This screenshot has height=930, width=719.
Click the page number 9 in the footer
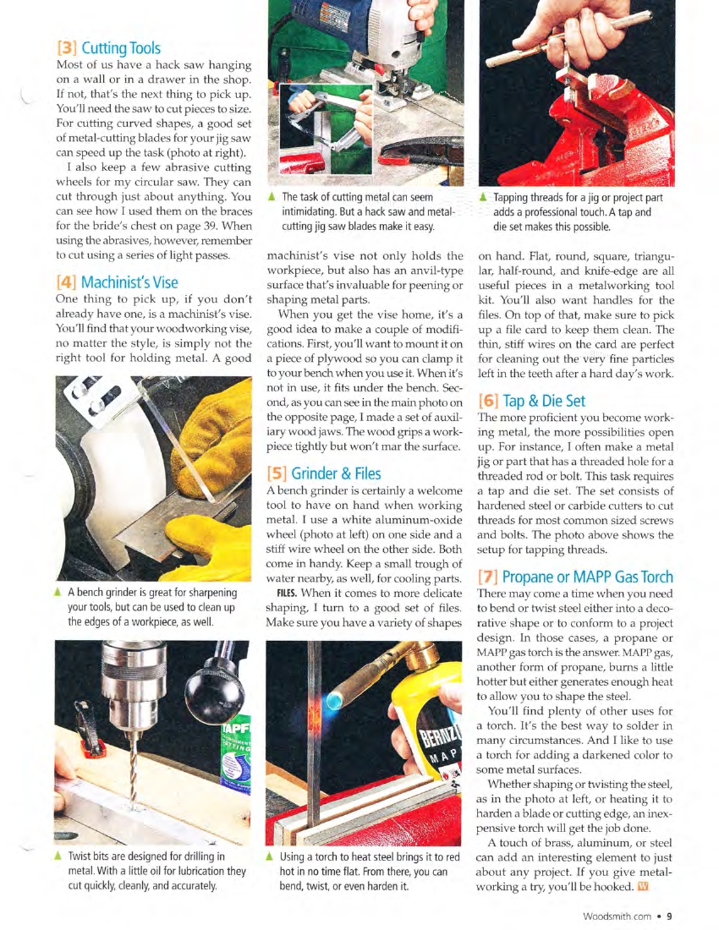(x=668, y=915)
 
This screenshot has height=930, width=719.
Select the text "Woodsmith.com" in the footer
(x=617, y=915)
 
